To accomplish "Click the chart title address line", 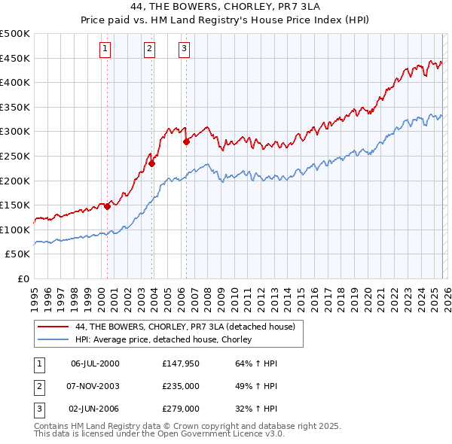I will [x=225, y=8].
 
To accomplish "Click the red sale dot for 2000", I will [x=108, y=206].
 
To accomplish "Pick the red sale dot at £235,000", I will [x=152, y=163].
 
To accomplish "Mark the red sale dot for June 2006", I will [x=186, y=141].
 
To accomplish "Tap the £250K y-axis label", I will [x=15, y=156].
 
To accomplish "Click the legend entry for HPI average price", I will [x=163, y=340].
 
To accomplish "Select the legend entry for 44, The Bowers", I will [x=189, y=327].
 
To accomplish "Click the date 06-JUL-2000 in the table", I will [x=95, y=363].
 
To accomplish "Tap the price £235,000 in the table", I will [x=180, y=386].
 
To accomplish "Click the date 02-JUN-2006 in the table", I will [x=95, y=409].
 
